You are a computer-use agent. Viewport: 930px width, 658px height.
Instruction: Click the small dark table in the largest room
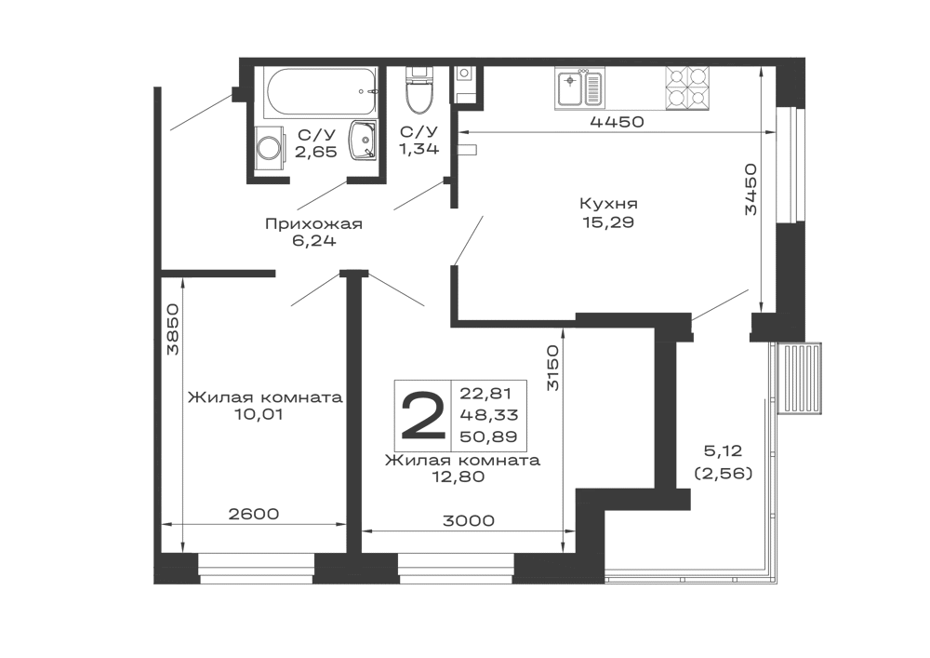tap(609, 211)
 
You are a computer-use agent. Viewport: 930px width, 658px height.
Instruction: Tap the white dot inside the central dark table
tap(606, 220)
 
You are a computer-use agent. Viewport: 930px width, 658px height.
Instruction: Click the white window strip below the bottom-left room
tap(257, 562)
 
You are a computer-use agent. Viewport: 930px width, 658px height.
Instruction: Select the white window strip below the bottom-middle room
tap(457, 562)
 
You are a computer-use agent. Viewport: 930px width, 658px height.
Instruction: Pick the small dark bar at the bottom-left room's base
tap(253, 514)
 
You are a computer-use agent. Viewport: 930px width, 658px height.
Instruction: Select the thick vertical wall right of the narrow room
tap(661, 410)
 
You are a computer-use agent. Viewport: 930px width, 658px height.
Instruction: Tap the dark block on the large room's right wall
tap(753, 186)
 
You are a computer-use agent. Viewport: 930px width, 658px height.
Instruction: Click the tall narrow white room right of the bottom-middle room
tap(606, 410)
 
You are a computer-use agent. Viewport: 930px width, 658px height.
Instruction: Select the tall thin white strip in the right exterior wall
tap(785, 163)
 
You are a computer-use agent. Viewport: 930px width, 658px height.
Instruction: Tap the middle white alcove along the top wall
tap(635, 86)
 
